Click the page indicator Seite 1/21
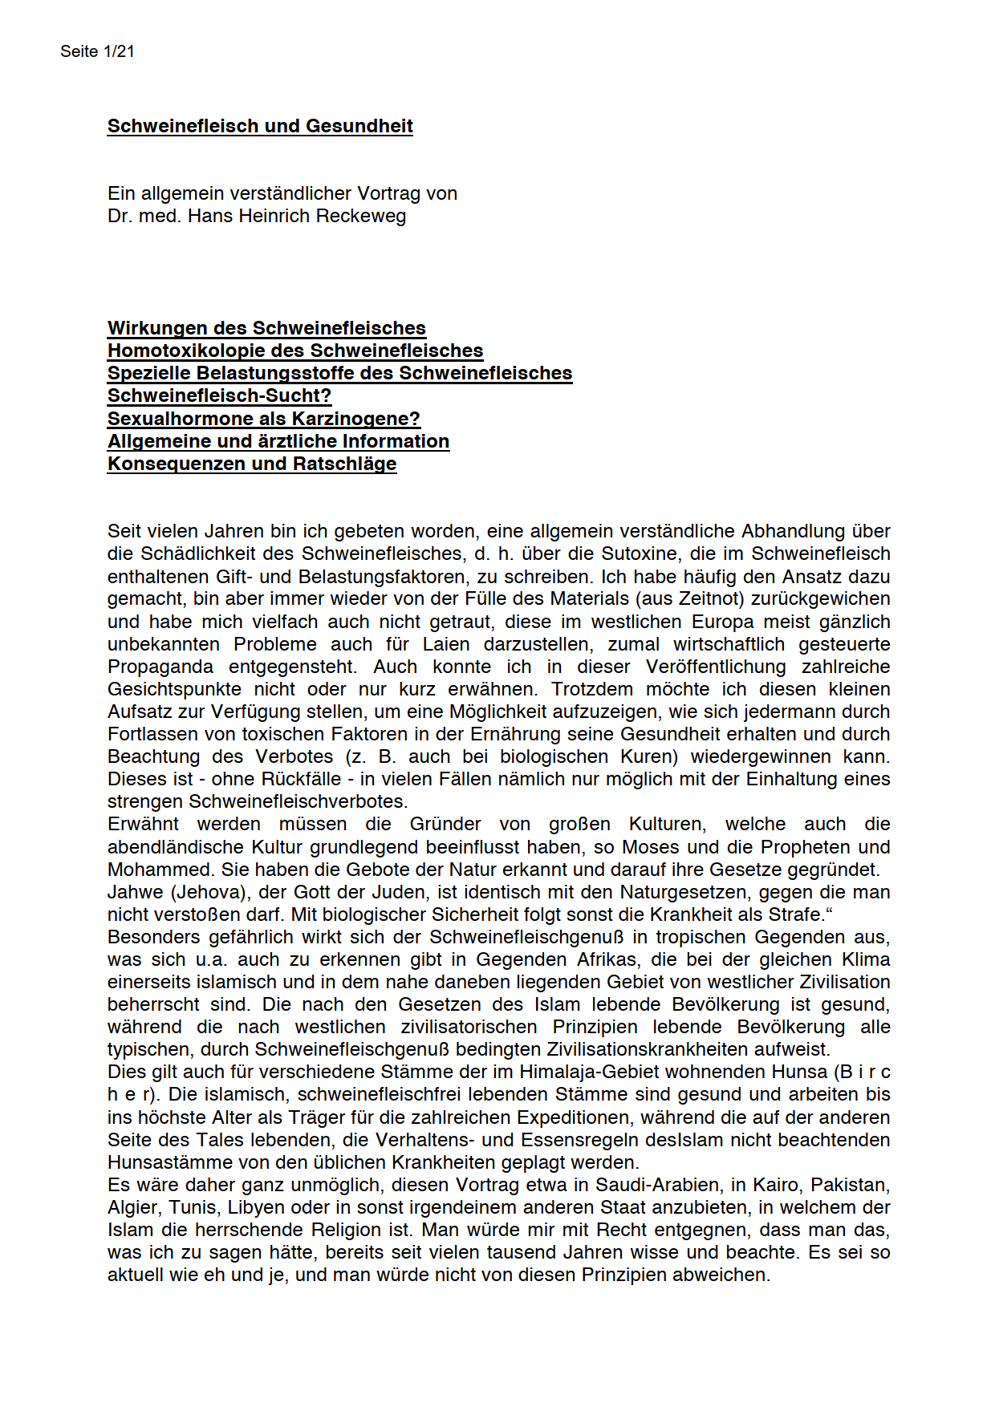[97, 51]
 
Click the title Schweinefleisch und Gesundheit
[260, 126]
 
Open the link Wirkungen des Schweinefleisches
[266, 328]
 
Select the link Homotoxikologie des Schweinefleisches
[295, 351]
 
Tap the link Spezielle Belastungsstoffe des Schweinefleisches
[339, 373]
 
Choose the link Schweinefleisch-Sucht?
[219, 395]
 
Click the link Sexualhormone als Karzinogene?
[264, 419]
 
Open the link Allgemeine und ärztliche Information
[278, 441]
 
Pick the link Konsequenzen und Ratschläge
[252, 464]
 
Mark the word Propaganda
[160, 667]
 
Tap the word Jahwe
[134, 892]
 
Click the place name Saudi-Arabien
[646, 1185]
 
